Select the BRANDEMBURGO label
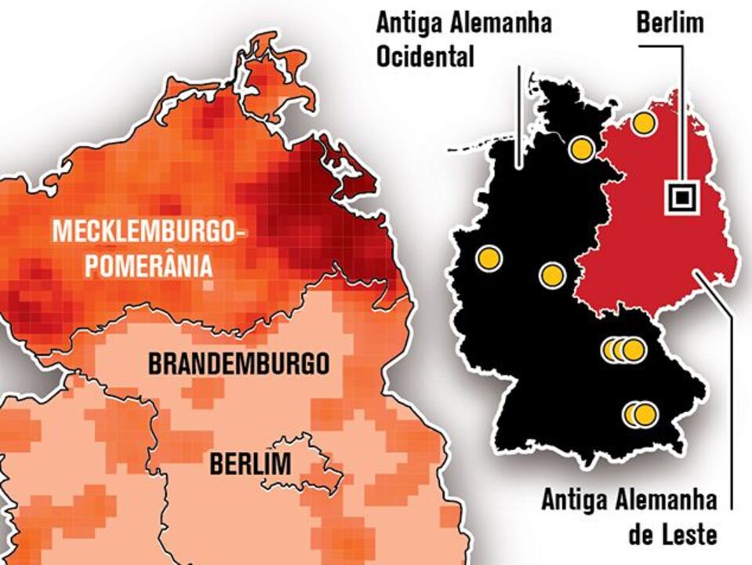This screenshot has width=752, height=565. pos(238,364)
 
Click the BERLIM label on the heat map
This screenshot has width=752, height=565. pos(249,464)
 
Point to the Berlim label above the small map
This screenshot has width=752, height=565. pos(669,23)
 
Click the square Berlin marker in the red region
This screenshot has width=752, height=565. pos(680,197)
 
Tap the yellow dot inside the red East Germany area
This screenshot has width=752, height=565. pos(644,122)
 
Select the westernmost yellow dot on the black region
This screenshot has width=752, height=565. pos(489,257)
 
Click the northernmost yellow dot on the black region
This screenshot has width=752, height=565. pos(581,148)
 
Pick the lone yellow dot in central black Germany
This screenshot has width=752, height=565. pos(552,275)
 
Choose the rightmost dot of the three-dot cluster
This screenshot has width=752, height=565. pos(634,349)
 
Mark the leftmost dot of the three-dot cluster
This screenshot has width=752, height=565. pos(612,349)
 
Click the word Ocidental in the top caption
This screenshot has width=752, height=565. pos(425,57)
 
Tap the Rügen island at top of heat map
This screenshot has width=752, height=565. pos(274,75)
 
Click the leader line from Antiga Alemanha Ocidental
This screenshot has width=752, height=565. pos(519,118)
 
